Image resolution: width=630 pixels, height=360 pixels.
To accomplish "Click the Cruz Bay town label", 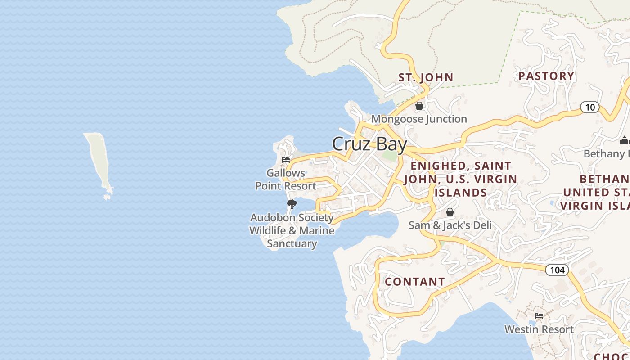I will coord(369,144).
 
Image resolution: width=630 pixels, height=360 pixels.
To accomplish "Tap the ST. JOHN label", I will coord(426,77).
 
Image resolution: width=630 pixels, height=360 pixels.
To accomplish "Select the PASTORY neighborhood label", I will coord(546,76).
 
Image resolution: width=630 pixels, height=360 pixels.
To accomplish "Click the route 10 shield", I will coord(589,107).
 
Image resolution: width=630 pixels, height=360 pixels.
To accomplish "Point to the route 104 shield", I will coord(557,270).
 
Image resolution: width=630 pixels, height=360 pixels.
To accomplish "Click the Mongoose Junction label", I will coord(419,119).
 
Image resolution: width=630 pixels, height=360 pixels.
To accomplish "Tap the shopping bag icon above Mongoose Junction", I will coord(419,106).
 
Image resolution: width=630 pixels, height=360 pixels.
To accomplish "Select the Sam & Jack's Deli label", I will coord(450,225).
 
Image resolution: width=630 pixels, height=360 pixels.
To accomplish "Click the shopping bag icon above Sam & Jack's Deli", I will coord(450,212).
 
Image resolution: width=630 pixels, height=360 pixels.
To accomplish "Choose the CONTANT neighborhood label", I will coord(415,282).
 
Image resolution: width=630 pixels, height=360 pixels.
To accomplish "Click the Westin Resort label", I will coord(539,329).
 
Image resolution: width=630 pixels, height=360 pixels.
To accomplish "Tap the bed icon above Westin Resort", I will coord(539,316).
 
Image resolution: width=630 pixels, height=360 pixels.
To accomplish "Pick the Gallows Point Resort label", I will coord(286,180).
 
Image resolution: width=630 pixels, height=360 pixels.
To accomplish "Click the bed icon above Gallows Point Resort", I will coord(286,159).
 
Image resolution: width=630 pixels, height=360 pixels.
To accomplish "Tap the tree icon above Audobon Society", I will coord(292,204).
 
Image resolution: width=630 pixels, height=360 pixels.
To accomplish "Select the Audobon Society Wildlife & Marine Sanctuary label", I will coord(292,231).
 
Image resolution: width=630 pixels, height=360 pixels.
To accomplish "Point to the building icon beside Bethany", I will coord(624,141).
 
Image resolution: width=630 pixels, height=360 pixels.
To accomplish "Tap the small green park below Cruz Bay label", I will coord(390,156).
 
